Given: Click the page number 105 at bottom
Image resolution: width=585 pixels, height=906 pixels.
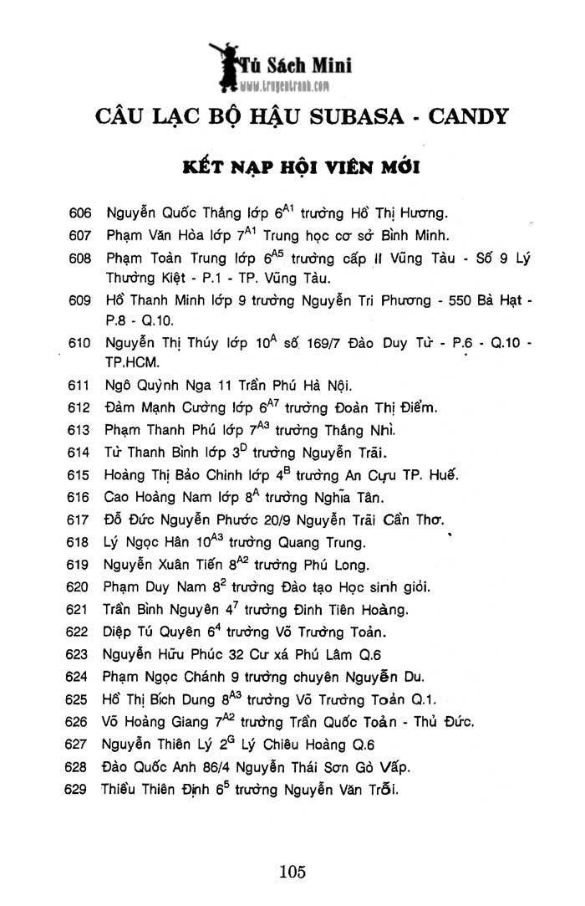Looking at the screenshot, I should [292, 872].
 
